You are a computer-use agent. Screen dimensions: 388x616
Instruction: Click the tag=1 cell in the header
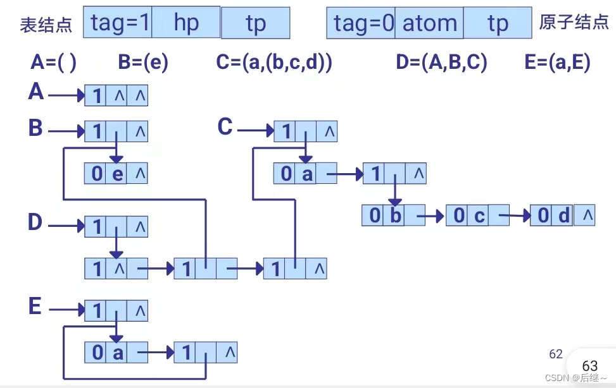pyautogui.click(x=119, y=23)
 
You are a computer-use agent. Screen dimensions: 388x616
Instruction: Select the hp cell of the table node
pyautogui.click(x=186, y=23)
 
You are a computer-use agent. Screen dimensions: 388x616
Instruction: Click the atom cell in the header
pyautogui.click(x=430, y=23)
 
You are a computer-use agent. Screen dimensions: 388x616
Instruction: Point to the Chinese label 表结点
pyautogui.click(x=46, y=25)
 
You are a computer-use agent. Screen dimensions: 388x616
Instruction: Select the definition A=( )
pyautogui.click(x=53, y=63)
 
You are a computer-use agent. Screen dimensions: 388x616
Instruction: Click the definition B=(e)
pyautogui.click(x=143, y=63)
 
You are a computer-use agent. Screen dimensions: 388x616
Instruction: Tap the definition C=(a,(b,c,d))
pyautogui.click(x=274, y=63)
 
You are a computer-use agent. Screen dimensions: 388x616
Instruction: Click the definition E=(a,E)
pyautogui.click(x=557, y=63)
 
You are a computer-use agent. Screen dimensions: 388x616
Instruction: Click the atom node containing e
pyautogui.click(x=116, y=173)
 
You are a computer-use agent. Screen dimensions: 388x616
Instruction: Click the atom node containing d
pyautogui.click(x=562, y=215)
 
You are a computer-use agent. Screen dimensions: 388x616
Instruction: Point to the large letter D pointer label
pyautogui.click(x=35, y=222)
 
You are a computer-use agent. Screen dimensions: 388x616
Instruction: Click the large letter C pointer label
pyautogui.click(x=225, y=127)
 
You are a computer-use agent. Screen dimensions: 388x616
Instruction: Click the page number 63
pyautogui.click(x=589, y=366)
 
